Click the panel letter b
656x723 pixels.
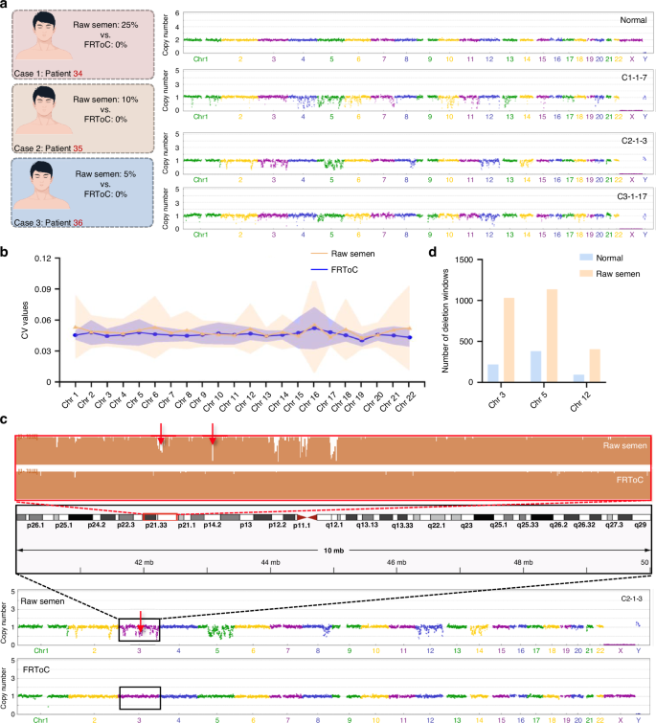pyautogui.click(x=7, y=255)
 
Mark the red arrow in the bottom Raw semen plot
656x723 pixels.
pyautogui.click(x=141, y=623)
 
